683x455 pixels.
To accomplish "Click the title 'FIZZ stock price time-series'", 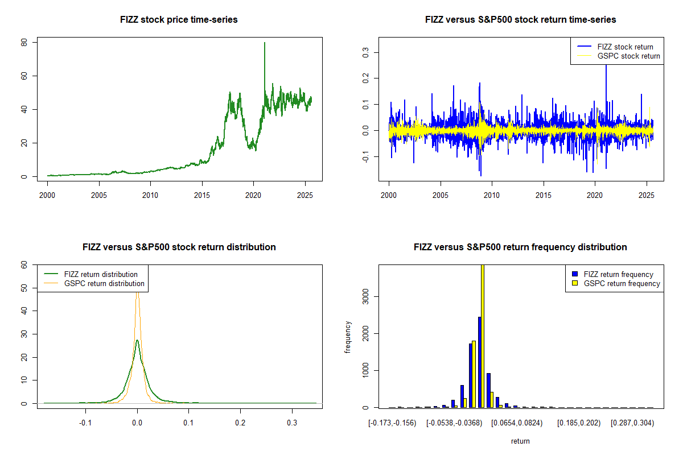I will [x=179, y=20].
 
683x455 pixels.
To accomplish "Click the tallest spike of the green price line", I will [x=264, y=43].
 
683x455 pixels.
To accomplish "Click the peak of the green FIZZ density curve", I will [x=137, y=340].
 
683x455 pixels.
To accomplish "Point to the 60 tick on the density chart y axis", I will [x=24, y=264].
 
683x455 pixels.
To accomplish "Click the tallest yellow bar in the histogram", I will [x=483, y=336].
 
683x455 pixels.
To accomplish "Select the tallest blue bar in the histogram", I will [x=479, y=362].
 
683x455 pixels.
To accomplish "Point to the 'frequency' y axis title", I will [x=348, y=337].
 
